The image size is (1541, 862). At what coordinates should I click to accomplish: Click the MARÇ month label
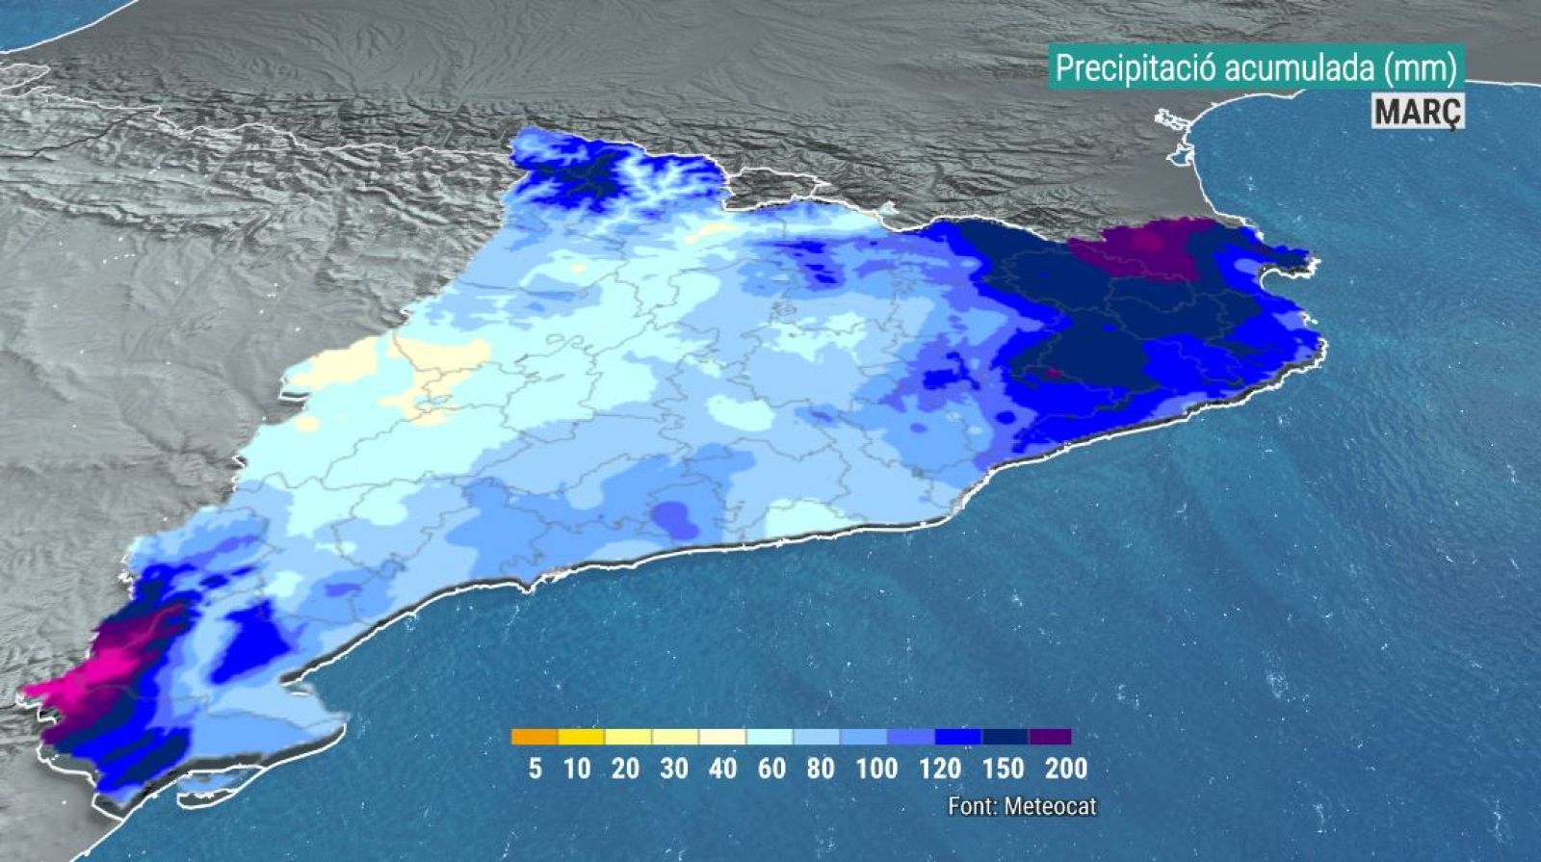point(1418,112)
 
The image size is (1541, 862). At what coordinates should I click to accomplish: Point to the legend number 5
point(535,769)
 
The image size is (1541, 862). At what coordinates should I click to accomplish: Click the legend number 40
point(722,769)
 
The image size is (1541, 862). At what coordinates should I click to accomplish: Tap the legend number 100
point(875,769)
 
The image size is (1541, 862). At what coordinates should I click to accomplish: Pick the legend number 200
point(1066,769)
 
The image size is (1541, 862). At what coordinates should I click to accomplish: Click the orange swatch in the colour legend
point(535,738)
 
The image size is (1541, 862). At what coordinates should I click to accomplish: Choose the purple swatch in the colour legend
point(1050,738)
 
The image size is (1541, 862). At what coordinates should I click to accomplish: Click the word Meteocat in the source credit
point(1050,806)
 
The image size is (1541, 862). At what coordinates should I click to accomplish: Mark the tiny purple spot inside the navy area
point(1054,372)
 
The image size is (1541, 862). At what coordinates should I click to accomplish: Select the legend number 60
point(770,769)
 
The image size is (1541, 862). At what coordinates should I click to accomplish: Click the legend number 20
point(625,769)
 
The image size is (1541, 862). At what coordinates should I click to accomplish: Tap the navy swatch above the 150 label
point(1005,738)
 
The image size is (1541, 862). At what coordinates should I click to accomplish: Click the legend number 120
point(939,769)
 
